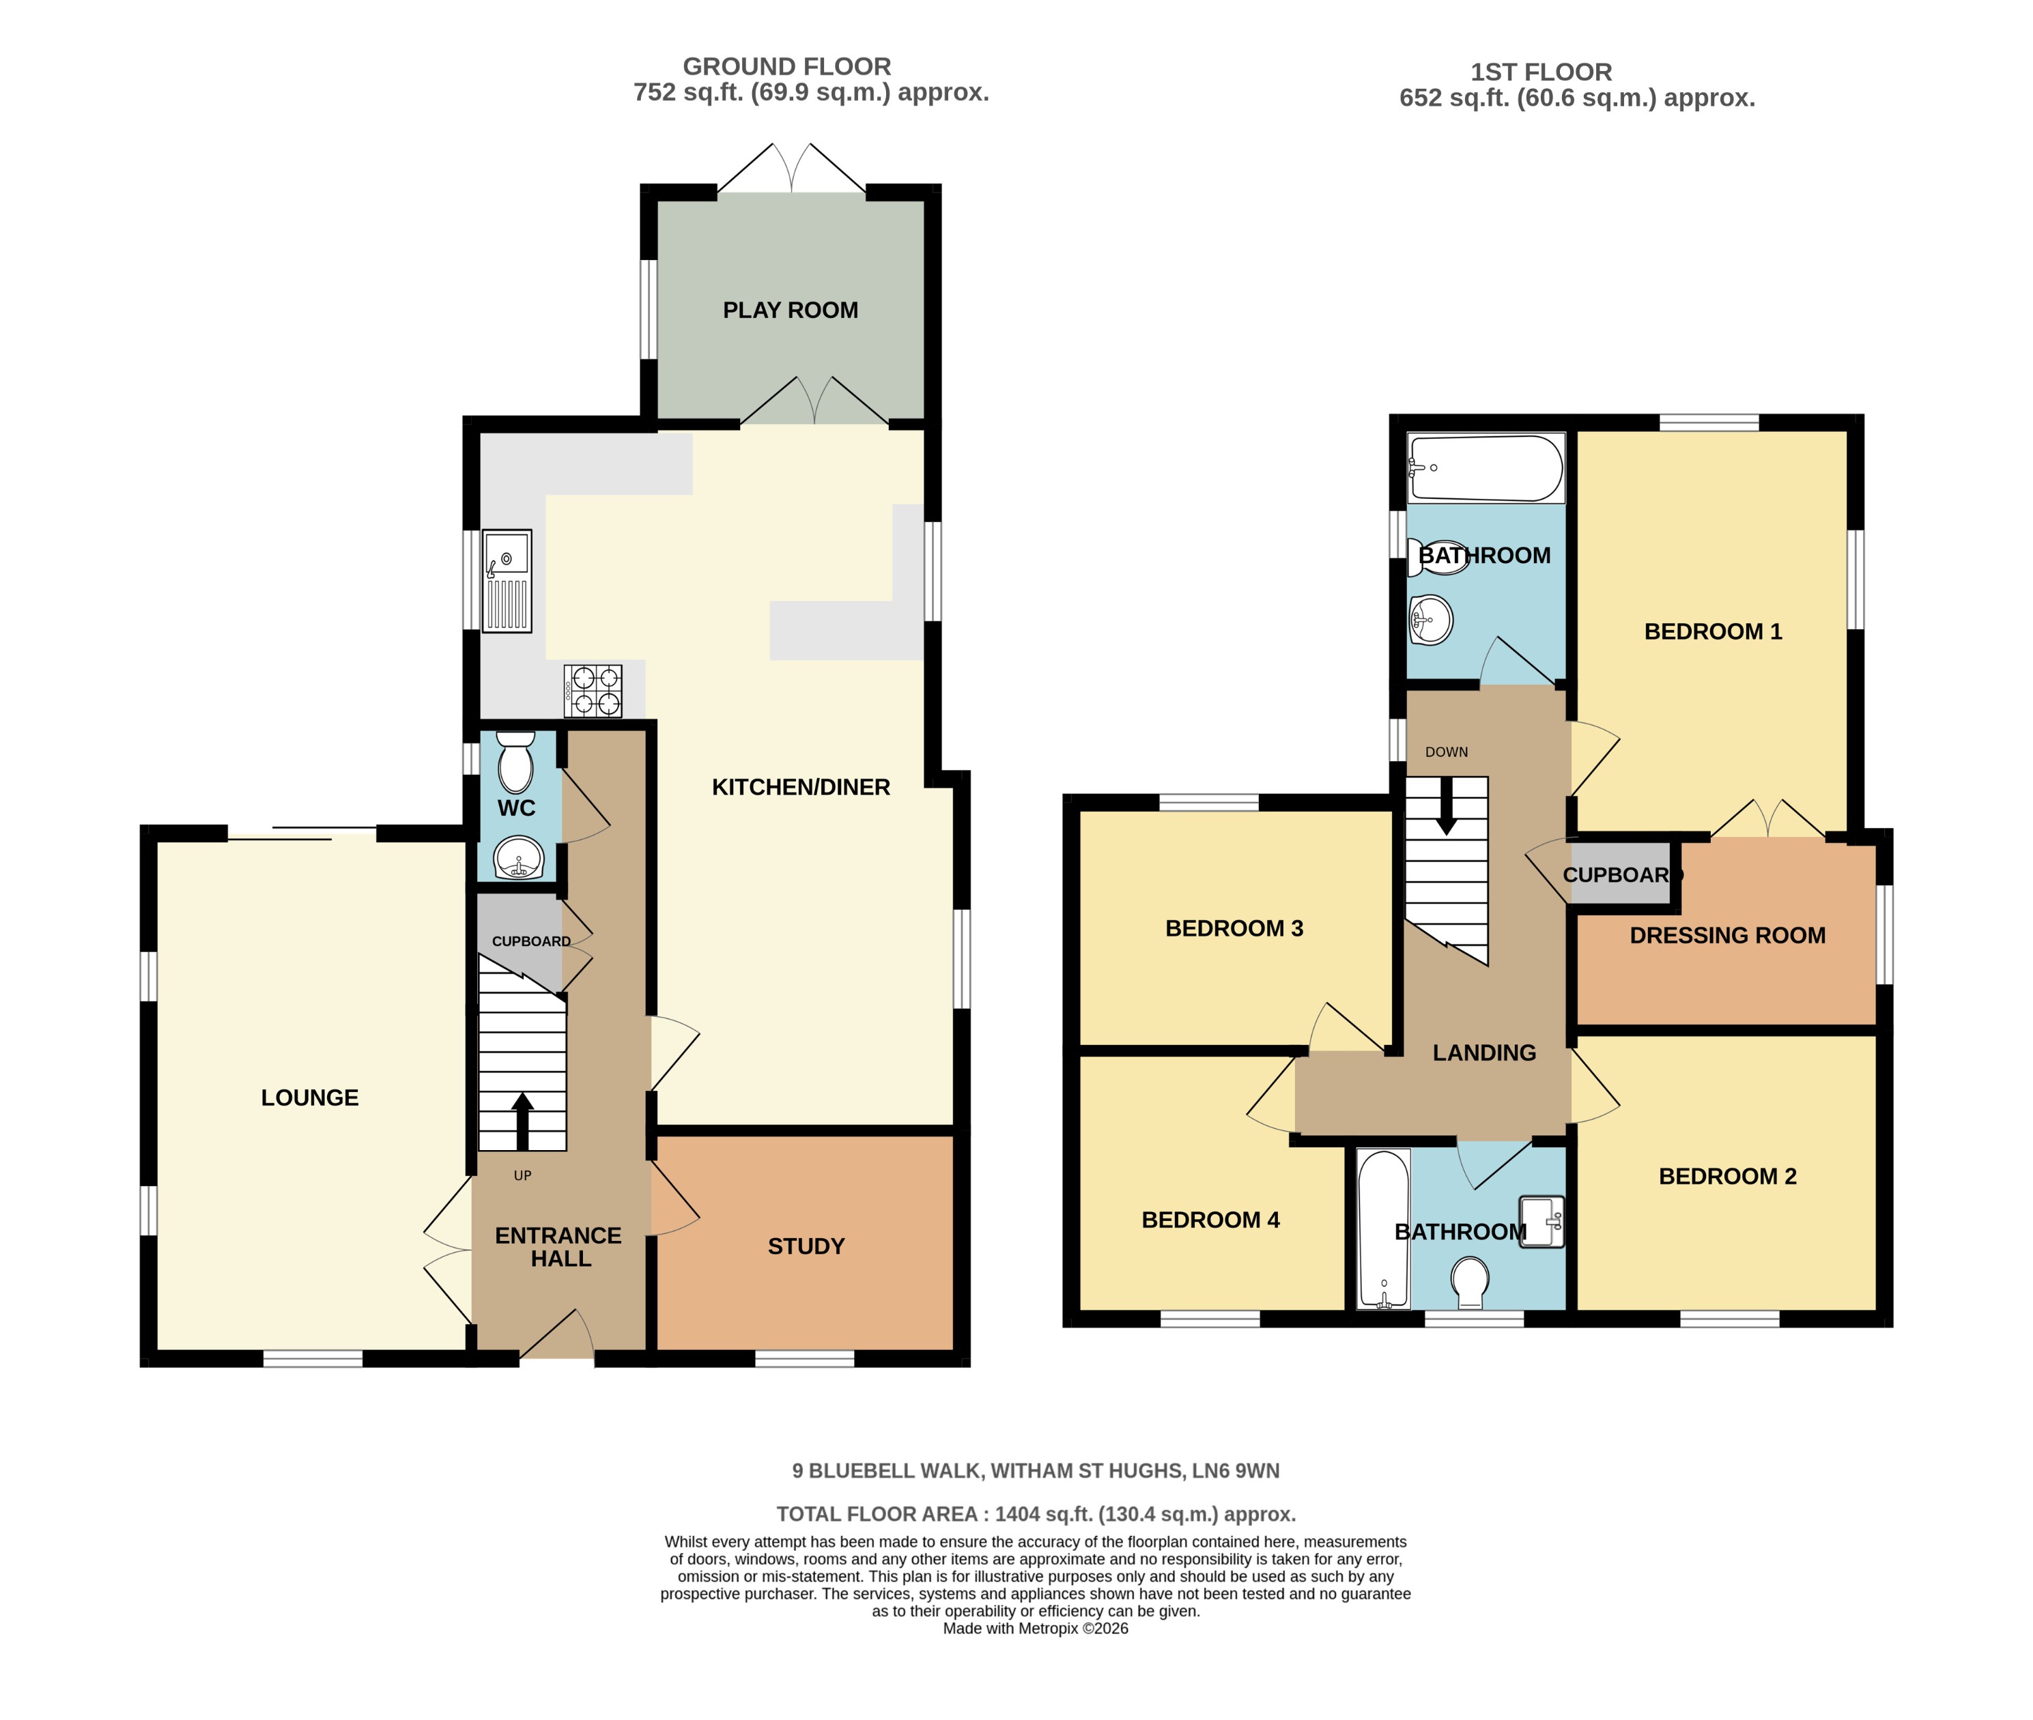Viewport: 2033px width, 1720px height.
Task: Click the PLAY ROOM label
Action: pyautogui.click(x=790, y=310)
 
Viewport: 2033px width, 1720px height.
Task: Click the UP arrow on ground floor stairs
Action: pyautogui.click(x=523, y=1121)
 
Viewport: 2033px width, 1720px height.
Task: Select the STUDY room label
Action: pyautogui.click(x=806, y=1246)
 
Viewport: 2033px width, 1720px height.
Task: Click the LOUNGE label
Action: pyautogui.click(x=309, y=1098)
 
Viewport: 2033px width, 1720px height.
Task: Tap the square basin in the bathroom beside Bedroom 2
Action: pyautogui.click(x=1541, y=1222)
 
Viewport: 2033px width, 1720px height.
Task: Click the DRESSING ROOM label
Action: pyautogui.click(x=1727, y=935)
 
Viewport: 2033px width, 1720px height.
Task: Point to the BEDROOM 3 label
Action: pyautogui.click(x=1234, y=928)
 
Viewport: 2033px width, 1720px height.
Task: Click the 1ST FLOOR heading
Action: pyautogui.click(x=1541, y=72)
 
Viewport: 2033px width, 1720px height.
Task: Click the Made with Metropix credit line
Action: pyautogui.click(x=1034, y=1629)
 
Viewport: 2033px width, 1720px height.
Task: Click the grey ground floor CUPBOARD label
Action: pyautogui.click(x=530, y=941)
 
